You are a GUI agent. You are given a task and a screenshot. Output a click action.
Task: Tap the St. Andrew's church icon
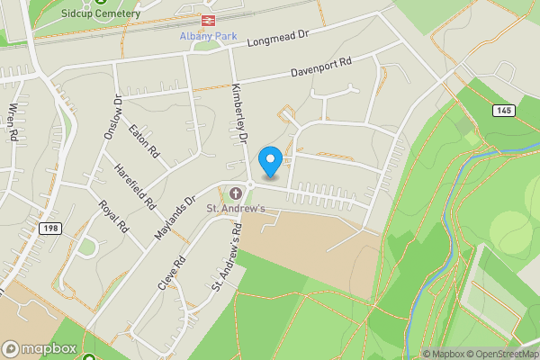pyautogui.click(x=236, y=193)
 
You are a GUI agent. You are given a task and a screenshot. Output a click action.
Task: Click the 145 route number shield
pyautogui.click(x=504, y=110)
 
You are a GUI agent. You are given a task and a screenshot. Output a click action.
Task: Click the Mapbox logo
pyautogui.click(x=40, y=348)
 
